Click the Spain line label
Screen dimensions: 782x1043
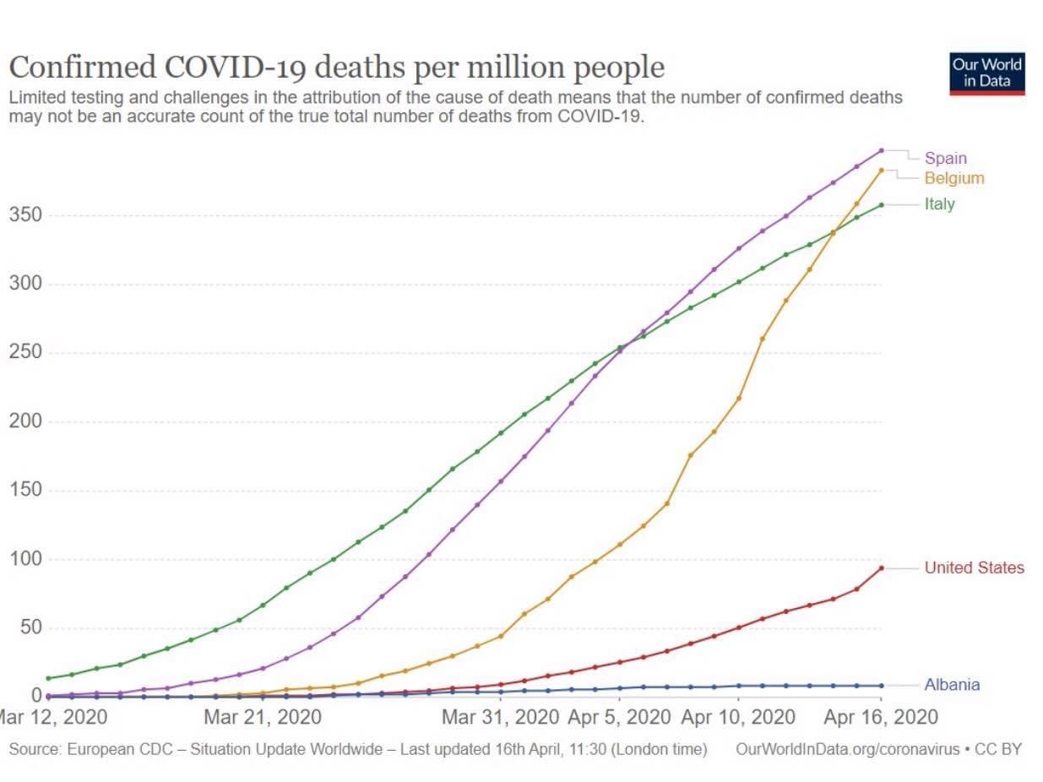coord(945,158)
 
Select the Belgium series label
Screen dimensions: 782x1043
coord(953,178)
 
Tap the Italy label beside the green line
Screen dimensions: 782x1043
coord(939,204)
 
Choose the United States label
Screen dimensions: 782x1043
coord(974,567)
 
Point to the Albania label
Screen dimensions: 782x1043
coord(952,685)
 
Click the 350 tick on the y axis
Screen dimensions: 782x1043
coord(25,215)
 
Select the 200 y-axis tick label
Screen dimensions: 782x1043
coord(25,422)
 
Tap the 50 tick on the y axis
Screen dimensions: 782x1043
coord(30,628)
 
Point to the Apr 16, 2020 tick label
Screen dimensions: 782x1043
coord(881,718)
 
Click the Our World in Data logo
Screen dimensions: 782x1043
coord(986,73)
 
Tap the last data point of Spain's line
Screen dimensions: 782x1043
coord(881,150)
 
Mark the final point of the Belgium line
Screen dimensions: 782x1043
coord(881,171)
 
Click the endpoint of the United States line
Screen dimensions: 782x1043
coord(881,568)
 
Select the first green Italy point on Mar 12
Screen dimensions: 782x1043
coord(48,678)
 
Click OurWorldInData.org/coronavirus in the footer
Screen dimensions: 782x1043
coord(849,749)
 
